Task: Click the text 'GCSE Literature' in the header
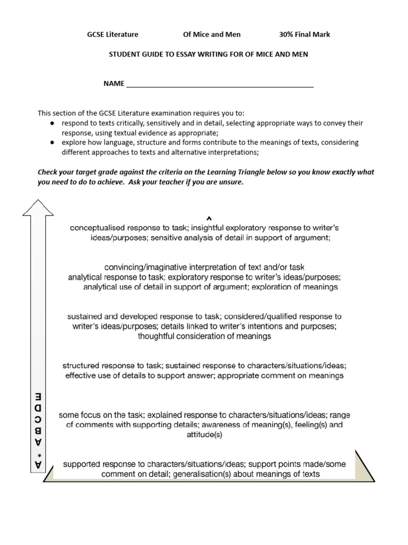[113, 35]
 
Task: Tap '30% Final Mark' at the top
[304, 35]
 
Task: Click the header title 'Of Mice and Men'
[211, 35]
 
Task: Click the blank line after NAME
[220, 84]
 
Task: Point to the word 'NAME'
[114, 84]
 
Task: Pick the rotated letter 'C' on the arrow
[37, 419]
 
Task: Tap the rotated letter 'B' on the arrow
[37, 430]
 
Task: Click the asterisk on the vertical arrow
[37, 454]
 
